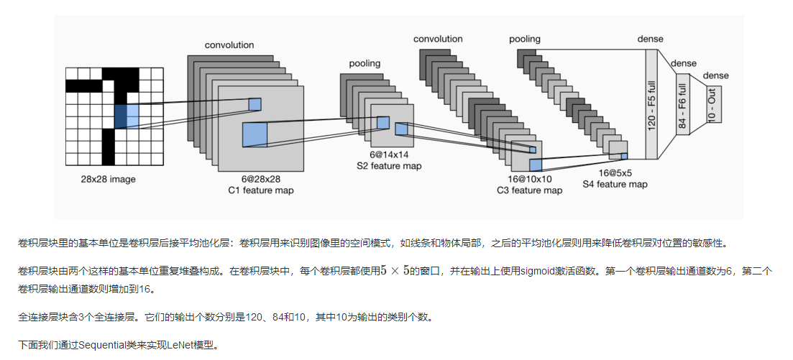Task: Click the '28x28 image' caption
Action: (x=108, y=179)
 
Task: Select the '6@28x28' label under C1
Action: (x=260, y=179)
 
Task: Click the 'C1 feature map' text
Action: (x=260, y=190)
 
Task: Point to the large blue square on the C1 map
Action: (x=255, y=134)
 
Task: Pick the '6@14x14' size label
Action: (x=389, y=154)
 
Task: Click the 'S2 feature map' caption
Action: (x=389, y=166)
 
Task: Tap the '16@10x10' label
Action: (x=529, y=179)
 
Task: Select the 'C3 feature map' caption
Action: (x=529, y=190)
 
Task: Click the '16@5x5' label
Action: (x=615, y=173)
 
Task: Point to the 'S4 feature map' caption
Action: (x=615, y=185)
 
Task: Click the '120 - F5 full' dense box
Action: (x=651, y=104)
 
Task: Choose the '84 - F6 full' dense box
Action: (x=682, y=105)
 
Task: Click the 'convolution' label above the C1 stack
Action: (x=229, y=45)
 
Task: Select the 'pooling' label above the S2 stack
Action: (x=365, y=64)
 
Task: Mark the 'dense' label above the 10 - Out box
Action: (x=715, y=75)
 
